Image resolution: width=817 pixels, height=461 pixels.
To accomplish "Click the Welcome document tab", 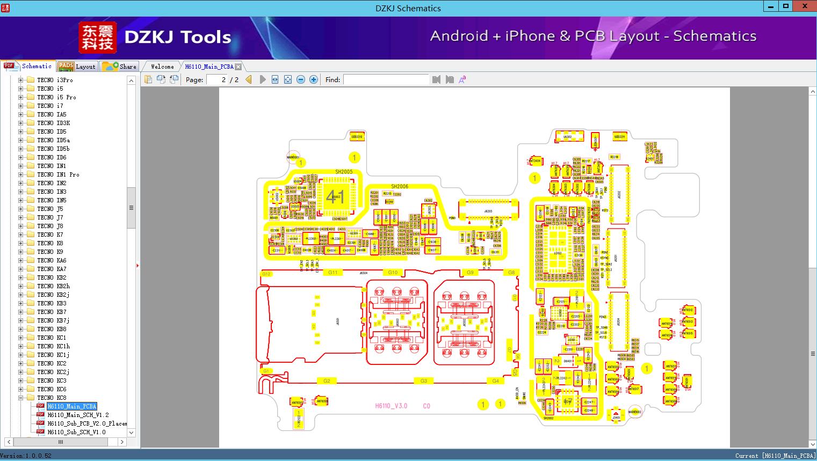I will pyautogui.click(x=162, y=67).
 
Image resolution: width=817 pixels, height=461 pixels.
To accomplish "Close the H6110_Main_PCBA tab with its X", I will pyautogui.click(x=238, y=67).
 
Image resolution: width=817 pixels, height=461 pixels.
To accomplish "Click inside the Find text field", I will pyautogui.click(x=386, y=79).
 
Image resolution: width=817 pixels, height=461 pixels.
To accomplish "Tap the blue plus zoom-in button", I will pyautogui.click(x=314, y=79).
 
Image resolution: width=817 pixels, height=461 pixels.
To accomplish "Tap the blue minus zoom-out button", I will pyautogui.click(x=301, y=79).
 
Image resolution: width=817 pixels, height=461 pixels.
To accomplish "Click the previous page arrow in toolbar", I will pyautogui.click(x=249, y=79).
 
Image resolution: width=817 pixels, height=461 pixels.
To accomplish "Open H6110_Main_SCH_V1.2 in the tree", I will pyautogui.click(x=78, y=415).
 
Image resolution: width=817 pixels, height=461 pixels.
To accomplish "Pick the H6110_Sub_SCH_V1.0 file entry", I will pyautogui.click(x=76, y=432).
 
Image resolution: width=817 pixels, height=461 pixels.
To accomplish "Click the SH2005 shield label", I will pyautogui.click(x=344, y=172).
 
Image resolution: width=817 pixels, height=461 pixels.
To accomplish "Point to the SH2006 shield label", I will pyautogui.click(x=400, y=187).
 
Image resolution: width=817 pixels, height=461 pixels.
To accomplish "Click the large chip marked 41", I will pyautogui.click(x=335, y=197).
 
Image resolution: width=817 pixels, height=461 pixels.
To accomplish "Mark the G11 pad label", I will pyautogui.click(x=333, y=273).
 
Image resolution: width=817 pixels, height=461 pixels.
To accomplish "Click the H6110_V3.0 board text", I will pyautogui.click(x=391, y=406).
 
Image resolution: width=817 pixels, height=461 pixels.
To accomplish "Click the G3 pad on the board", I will pyautogui.click(x=424, y=381).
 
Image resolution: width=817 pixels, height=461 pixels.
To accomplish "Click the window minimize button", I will pyautogui.click(x=771, y=6).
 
